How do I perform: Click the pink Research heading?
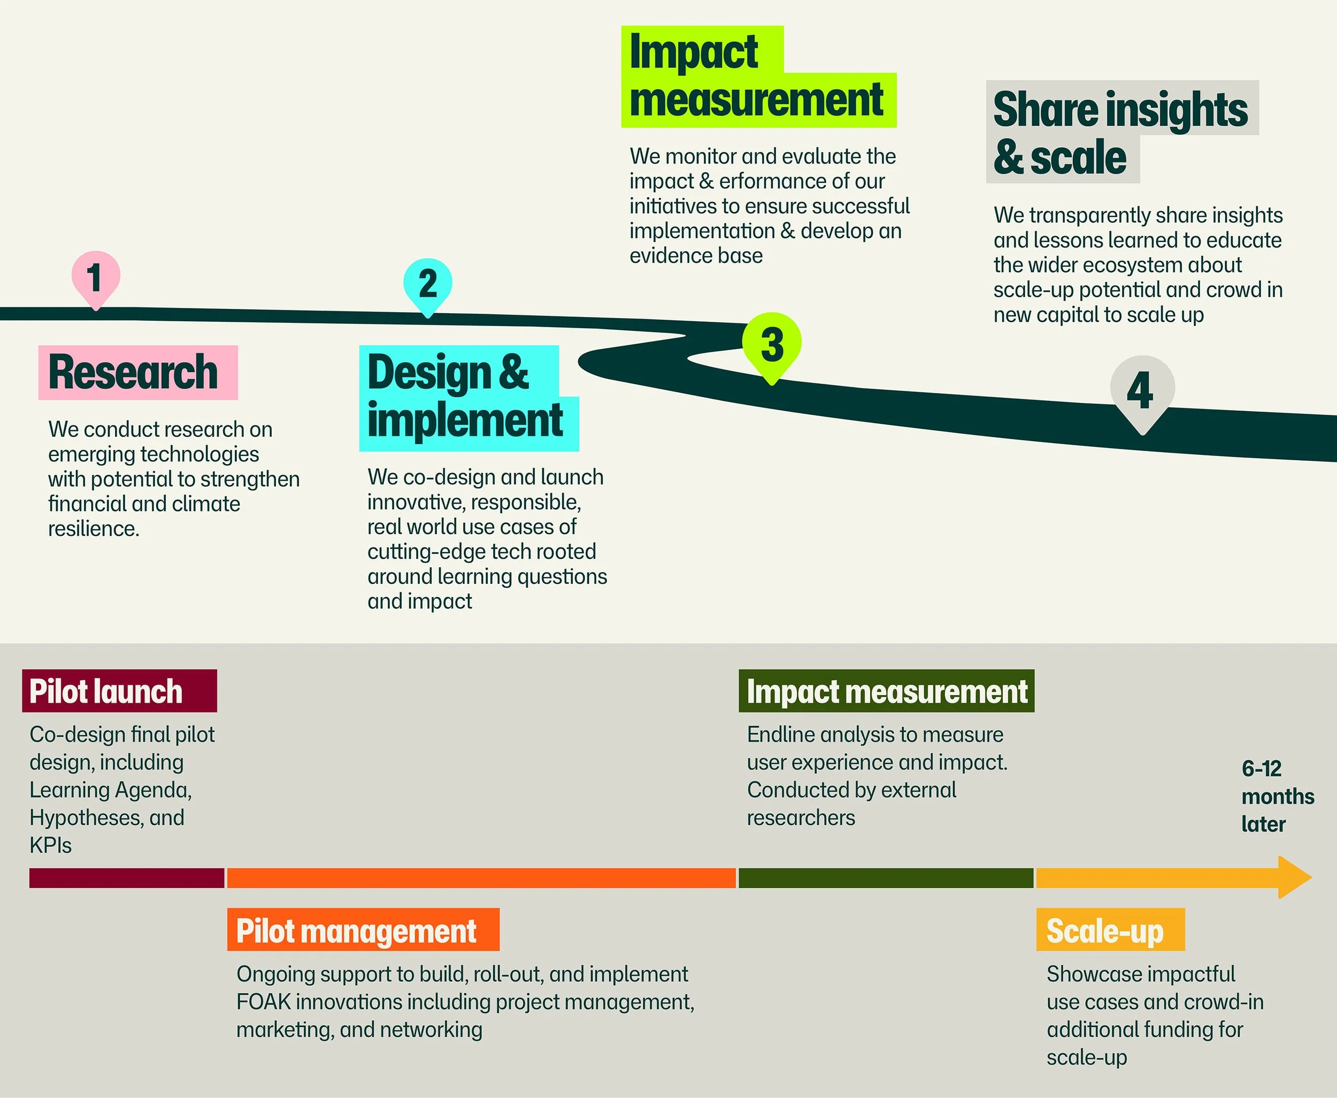(x=138, y=373)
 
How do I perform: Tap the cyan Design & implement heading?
(x=469, y=398)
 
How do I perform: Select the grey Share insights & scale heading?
(x=1122, y=132)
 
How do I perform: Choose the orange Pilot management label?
(x=363, y=930)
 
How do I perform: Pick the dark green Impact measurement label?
(x=887, y=691)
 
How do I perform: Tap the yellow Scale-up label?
(x=1110, y=930)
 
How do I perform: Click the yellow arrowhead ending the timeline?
(x=1295, y=877)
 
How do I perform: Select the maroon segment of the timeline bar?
(x=127, y=878)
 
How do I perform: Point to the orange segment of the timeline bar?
(x=481, y=878)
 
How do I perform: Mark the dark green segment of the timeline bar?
(x=886, y=878)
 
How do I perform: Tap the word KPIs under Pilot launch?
(x=51, y=845)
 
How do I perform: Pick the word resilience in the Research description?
(x=94, y=528)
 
